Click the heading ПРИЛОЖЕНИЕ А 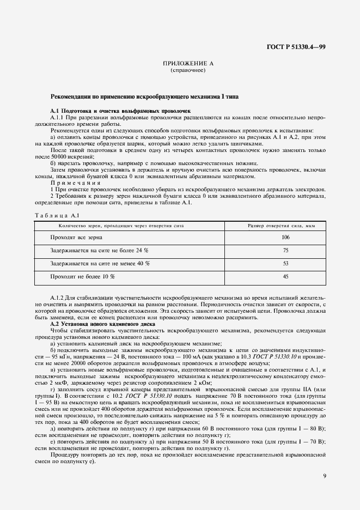[188, 64]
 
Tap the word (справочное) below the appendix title [188, 71]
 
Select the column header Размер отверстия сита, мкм [281, 225]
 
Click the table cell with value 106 [285, 238]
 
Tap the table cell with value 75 [285, 250]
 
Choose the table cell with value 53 [285, 263]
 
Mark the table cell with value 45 [285, 276]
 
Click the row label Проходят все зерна [76, 238]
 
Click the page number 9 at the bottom [324, 476]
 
